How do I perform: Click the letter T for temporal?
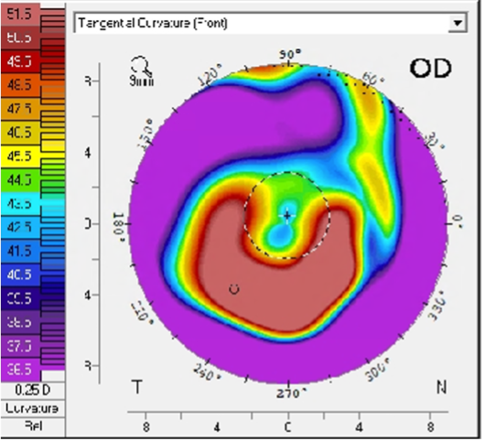point(137,387)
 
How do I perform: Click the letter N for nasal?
point(442,387)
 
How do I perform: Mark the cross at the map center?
point(287,216)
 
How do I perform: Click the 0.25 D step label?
point(32,389)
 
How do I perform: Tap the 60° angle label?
point(372,81)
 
